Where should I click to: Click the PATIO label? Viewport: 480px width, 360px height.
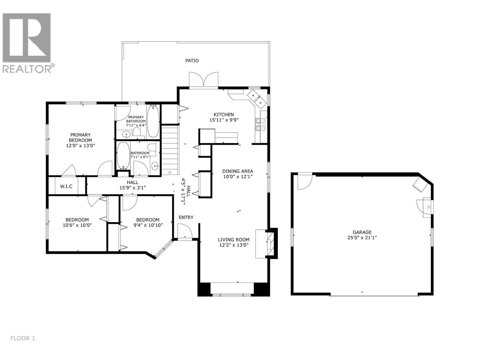(x=192, y=61)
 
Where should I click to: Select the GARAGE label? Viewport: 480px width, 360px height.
(x=362, y=232)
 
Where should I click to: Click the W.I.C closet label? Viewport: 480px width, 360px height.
(x=66, y=187)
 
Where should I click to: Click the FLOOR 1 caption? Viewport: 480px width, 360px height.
(x=23, y=338)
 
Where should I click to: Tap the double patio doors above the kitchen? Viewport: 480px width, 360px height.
(x=204, y=80)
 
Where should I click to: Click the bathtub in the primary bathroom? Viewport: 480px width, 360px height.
(x=153, y=120)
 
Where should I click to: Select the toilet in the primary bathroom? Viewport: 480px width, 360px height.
(x=137, y=132)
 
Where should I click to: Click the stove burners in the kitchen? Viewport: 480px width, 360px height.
(x=259, y=124)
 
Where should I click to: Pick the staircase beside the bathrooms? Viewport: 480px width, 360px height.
(x=170, y=150)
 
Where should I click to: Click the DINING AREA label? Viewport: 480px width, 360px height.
(x=238, y=171)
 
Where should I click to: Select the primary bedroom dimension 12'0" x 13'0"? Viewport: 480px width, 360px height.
(x=80, y=145)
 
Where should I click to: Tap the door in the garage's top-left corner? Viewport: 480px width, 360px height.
(x=304, y=182)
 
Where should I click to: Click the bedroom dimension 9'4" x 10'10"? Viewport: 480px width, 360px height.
(x=148, y=225)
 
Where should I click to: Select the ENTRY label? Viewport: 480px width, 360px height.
(x=186, y=217)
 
